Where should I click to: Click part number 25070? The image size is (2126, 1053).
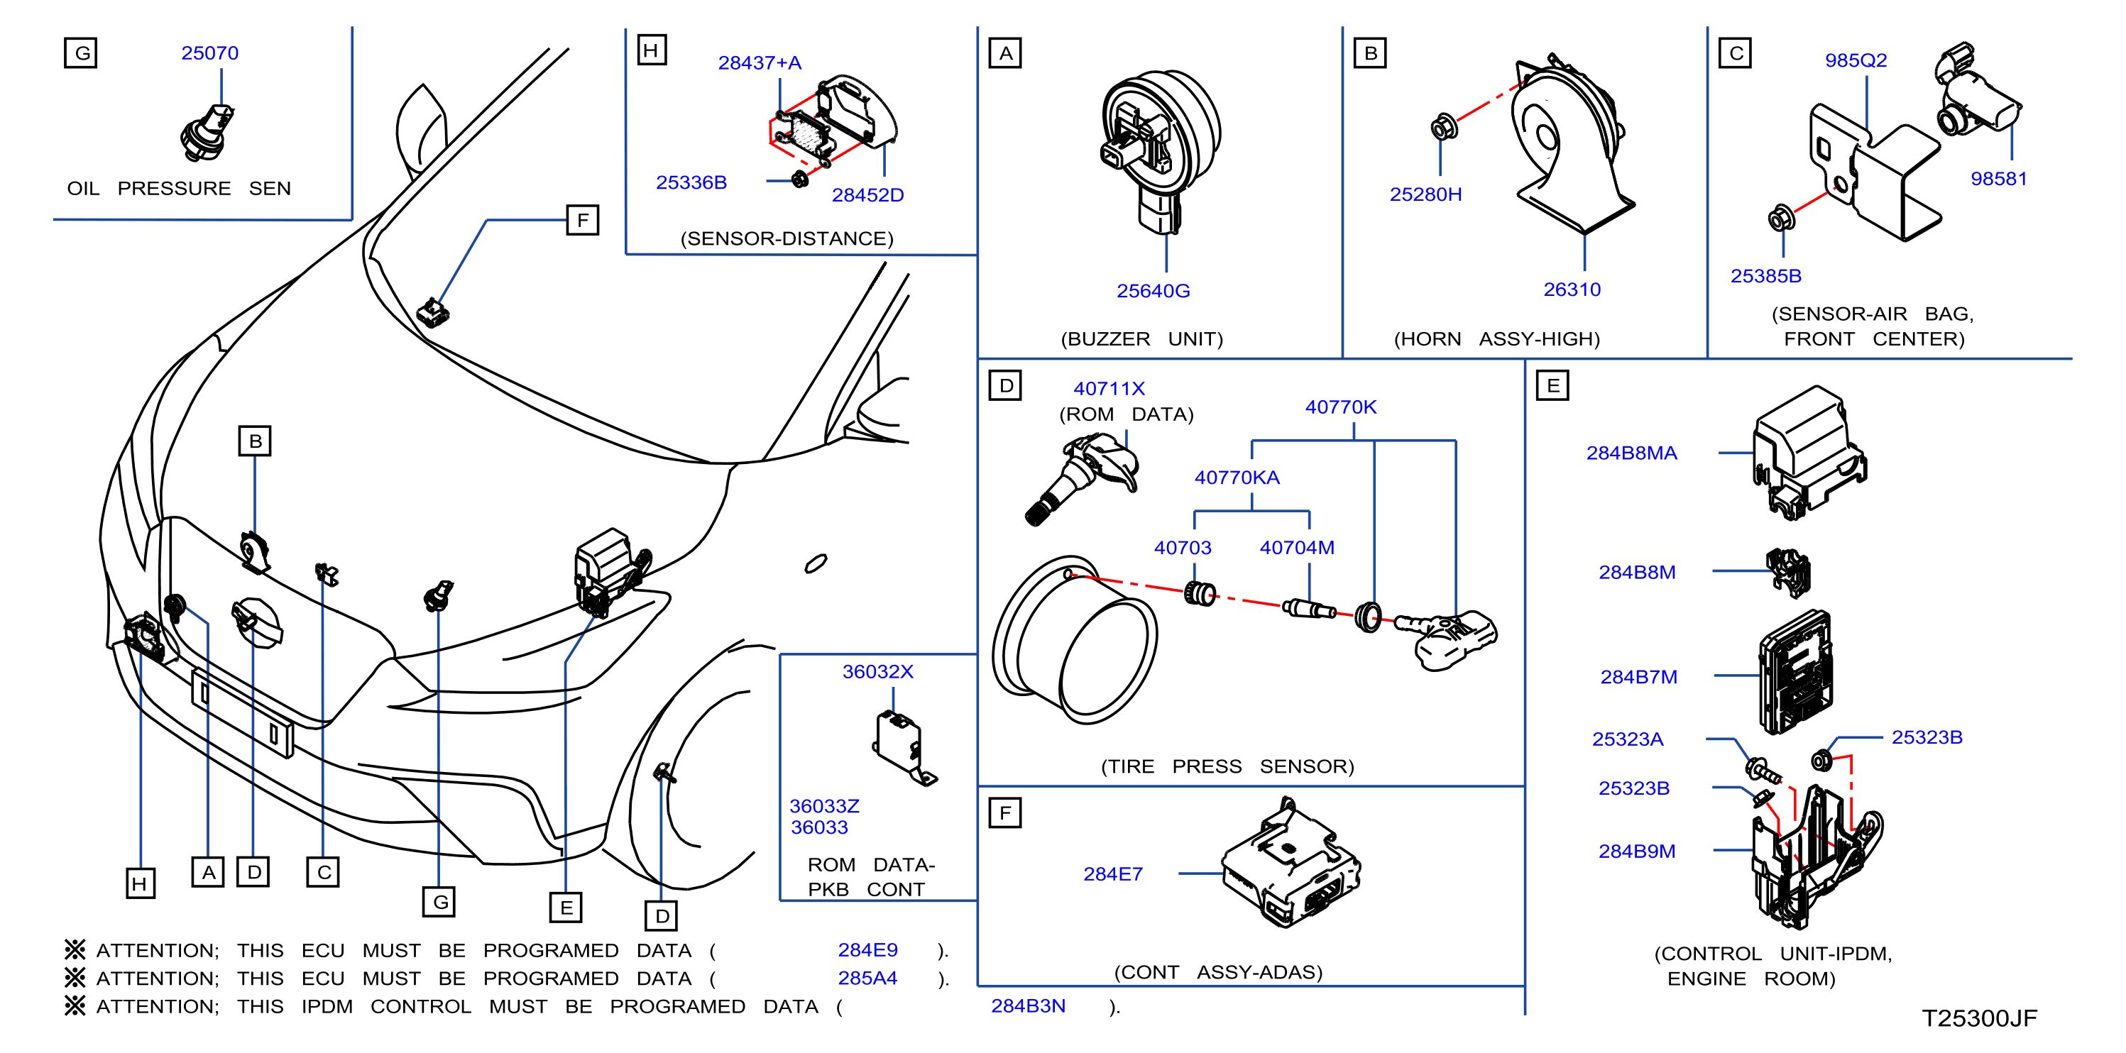[209, 53]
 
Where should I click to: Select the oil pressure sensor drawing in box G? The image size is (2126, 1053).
[207, 132]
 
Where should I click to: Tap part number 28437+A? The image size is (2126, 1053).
[760, 62]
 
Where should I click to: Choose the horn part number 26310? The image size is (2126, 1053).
[1572, 290]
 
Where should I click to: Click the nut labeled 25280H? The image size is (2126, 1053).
[1443, 128]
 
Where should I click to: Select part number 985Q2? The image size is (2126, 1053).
[1856, 60]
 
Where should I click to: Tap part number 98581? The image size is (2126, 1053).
[1998, 178]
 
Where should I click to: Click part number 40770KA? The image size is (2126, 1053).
[1237, 477]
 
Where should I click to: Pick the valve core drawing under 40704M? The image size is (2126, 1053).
[1309, 609]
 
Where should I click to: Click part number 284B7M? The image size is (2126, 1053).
[1638, 677]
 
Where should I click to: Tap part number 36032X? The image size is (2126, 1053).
[877, 672]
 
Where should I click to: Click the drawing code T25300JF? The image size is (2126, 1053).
[1979, 1018]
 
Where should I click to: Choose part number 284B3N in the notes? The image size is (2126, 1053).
[1028, 1006]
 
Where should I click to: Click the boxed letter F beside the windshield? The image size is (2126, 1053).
[583, 221]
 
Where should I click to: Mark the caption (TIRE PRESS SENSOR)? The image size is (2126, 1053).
[1227, 766]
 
